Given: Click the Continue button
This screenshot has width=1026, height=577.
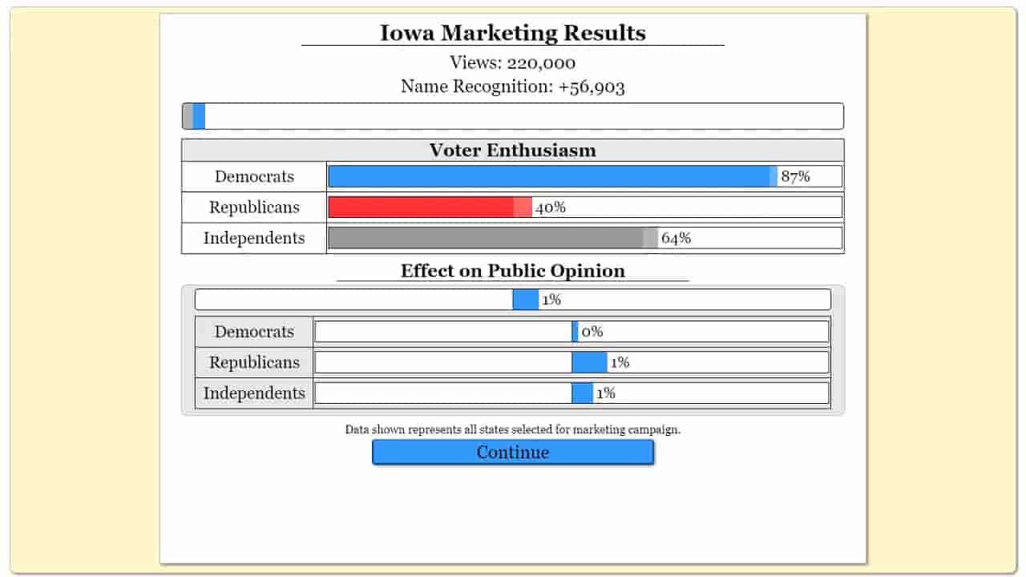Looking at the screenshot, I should pyautogui.click(x=513, y=452).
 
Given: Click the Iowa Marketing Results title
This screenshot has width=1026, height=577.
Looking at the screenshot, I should pyautogui.click(x=513, y=33).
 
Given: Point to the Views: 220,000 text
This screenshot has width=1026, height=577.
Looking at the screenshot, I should pyautogui.click(x=513, y=63).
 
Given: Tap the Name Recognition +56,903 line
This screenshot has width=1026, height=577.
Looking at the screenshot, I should pyautogui.click(x=513, y=87).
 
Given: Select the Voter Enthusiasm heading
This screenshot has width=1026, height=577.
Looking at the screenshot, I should pyautogui.click(x=513, y=150).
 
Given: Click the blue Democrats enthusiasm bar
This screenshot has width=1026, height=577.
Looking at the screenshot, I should pyautogui.click(x=549, y=176).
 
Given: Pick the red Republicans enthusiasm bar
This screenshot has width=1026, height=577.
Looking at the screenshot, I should pyautogui.click(x=422, y=207).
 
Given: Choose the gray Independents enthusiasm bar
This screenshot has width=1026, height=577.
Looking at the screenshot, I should pyautogui.click(x=486, y=238).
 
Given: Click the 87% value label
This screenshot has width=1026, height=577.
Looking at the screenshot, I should pyautogui.click(x=795, y=177).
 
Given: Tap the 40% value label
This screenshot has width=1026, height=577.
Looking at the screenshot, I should pyautogui.click(x=551, y=208).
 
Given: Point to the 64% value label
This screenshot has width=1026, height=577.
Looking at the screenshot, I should pyautogui.click(x=676, y=238).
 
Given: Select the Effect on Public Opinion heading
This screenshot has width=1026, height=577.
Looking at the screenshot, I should pyautogui.click(x=513, y=271).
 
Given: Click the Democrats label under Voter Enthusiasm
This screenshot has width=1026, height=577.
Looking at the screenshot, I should pyautogui.click(x=254, y=177).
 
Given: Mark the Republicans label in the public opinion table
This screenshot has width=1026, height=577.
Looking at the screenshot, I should pyautogui.click(x=254, y=362).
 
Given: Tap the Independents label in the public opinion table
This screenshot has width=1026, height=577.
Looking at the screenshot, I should pyautogui.click(x=254, y=393).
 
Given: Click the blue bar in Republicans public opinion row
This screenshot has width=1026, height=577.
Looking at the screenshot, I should pyautogui.click(x=589, y=362).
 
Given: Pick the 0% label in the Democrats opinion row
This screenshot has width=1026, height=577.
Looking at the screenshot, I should pyautogui.click(x=592, y=332).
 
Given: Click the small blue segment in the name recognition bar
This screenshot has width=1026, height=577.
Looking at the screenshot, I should pyautogui.click(x=199, y=116).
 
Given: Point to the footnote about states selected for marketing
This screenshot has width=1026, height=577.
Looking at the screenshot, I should pyautogui.click(x=513, y=430).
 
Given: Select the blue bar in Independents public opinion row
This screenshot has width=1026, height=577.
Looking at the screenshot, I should pyautogui.click(x=583, y=393).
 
